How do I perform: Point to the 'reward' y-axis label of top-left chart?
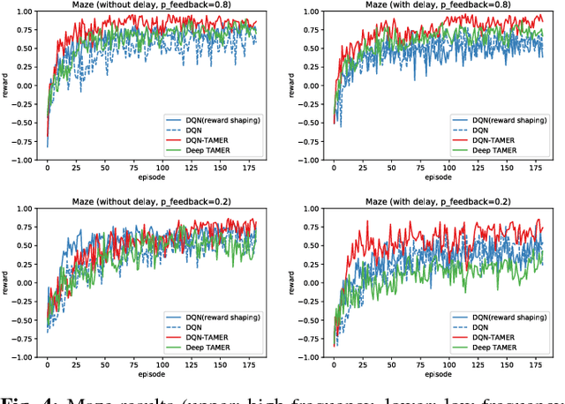tap(6, 88)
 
